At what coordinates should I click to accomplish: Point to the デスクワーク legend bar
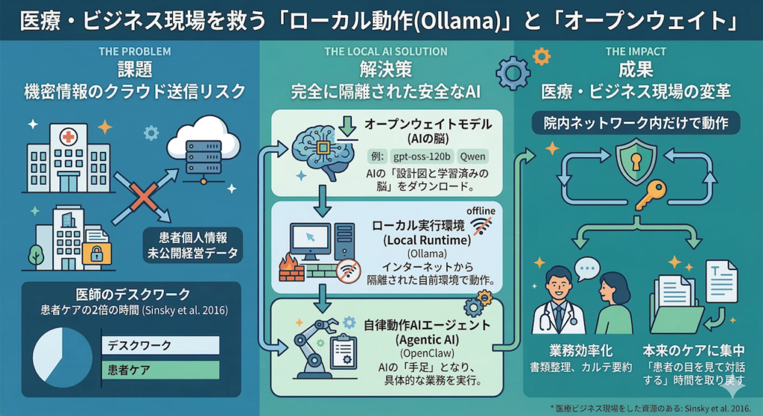[x=160, y=345]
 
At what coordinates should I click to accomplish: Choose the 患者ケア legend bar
[x=160, y=370]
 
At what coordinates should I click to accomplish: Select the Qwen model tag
[x=474, y=157]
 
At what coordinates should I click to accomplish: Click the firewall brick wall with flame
[x=292, y=268]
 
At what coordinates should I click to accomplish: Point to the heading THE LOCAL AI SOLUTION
[x=386, y=52]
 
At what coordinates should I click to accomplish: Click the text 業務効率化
[x=572, y=351]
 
